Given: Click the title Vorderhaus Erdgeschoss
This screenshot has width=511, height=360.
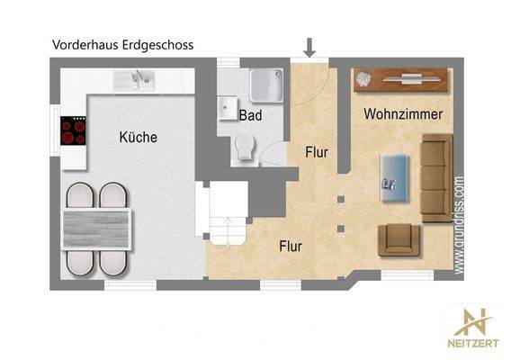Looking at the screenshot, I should tap(122, 43).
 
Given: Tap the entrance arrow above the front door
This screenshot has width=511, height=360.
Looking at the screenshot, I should tap(309, 47).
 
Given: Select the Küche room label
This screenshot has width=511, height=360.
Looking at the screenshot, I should tap(138, 138).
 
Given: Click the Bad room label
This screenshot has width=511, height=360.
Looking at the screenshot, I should tap(249, 115).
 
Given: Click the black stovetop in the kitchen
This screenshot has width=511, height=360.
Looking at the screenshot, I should tap(73, 132).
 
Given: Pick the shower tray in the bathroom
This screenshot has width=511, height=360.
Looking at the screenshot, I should tap(267, 85).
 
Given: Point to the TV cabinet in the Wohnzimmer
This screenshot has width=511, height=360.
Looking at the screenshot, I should tap(400, 80).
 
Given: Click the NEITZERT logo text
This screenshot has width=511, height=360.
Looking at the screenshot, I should tap(476, 343).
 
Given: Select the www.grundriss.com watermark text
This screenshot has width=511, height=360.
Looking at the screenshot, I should tap(459, 223).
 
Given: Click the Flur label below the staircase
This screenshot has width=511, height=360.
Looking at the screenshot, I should tap(290, 245).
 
